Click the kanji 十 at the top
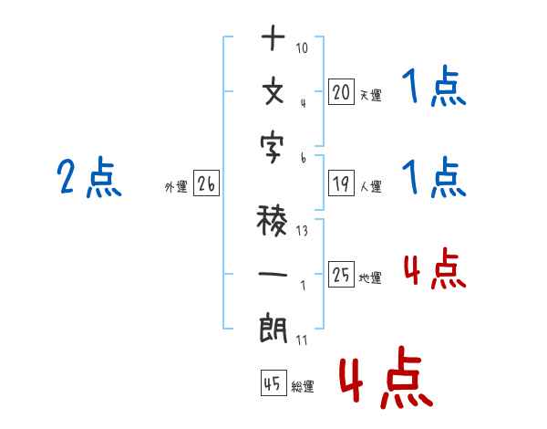point(273,39)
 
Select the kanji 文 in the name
point(273,92)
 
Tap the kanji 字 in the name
point(273,147)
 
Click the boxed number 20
point(341,91)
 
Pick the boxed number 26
point(206,184)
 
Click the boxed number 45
point(273,383)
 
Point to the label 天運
point(370,94)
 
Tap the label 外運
point(175,187)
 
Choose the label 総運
point(303,387)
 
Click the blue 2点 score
point(89,177)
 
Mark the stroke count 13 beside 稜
point(302,231)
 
